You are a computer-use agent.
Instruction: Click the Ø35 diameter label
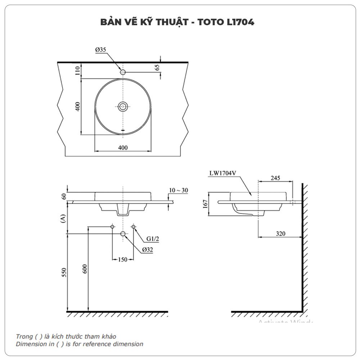pyautogui.click(x=101, y=50)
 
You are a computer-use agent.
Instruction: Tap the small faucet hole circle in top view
pyautogui.click(x=123, y=72)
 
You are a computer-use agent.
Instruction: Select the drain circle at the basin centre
pyautogui.click(x=123, y=106)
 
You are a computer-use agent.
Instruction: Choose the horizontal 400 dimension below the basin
pyautogui.click(x=123, y=148)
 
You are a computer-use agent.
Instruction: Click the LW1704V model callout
pyautogui.click(x=222, y=173)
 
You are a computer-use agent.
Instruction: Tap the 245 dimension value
pyautogui.click(x=275, y=178)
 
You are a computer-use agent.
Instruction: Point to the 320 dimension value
pyautogui.click(x=280, y=234)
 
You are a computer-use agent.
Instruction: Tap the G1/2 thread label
pyautogui.click(x=153, y=238)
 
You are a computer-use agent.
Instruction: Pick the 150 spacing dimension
pyautogui.click(x=123, y=260)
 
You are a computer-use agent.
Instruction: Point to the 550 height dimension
pyautogui.click(x=64, y=273)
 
